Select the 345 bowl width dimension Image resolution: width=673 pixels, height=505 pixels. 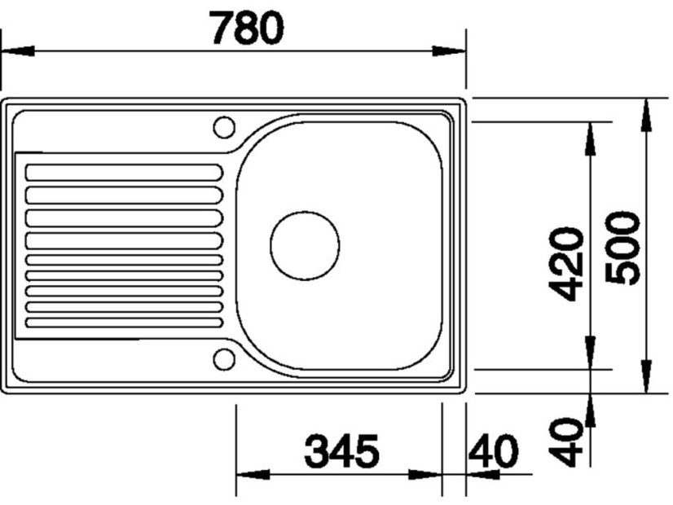tap(343, 451)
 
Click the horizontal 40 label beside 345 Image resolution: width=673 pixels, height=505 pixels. tap(494, 451)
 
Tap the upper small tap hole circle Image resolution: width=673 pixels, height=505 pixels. tap(223, 126)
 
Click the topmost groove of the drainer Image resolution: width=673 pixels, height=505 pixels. tap(123, 173)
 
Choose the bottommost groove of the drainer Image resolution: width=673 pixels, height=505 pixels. tap(123, 322)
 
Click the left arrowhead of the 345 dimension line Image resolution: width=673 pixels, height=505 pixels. tap(253, 475)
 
